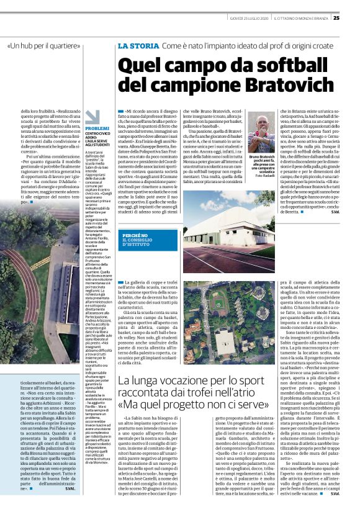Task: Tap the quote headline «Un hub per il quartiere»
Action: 45,46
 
